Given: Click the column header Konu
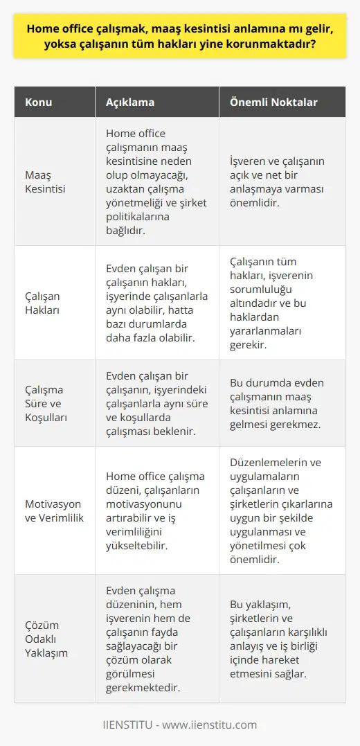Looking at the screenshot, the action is pos(38,102).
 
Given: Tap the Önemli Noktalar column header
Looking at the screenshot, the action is pos(273,102).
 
